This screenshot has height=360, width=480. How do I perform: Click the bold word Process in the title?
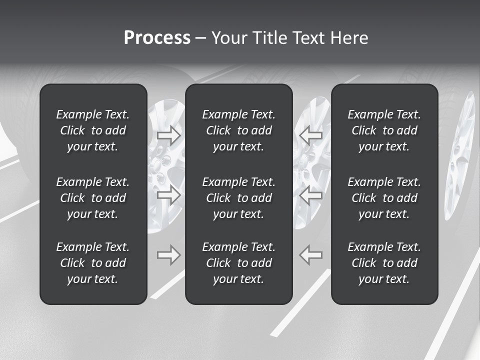pos(157,38)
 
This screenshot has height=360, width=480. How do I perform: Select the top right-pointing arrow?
pos(168,134)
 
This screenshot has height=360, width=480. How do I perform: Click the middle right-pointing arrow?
pos(168,195)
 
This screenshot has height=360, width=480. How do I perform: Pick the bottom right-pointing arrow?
pos(168,254)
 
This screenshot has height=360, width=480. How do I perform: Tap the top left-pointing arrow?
pos(311,134)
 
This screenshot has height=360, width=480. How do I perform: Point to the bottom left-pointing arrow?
pos(311,254)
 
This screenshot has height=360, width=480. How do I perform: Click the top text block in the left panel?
pos(93,130)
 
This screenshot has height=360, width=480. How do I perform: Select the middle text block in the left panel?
pos(93,198)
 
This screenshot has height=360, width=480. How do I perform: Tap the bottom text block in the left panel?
pos(93,263)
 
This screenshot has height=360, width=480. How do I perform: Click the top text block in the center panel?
pos(239,130)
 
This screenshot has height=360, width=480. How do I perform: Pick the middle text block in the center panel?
pos(239,198)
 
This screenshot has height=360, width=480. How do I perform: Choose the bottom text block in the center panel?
pos(239,263)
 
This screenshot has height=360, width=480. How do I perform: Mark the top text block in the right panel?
pos(384,130)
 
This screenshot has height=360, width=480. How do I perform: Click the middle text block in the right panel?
pos(384,198)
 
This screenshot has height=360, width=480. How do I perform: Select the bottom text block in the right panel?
pos(384,263)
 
